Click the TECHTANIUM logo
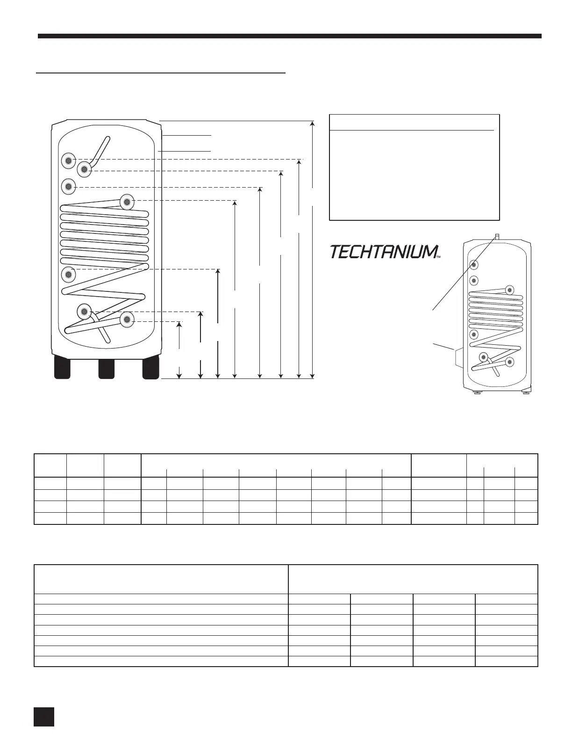383,252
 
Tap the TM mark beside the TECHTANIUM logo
438,256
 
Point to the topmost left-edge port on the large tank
69,160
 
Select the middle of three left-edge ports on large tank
69,187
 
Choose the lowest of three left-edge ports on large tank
69,274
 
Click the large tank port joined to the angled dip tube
84,169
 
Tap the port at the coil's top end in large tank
127,202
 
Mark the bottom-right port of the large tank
127,320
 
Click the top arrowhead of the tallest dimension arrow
313,123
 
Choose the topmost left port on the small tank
474,265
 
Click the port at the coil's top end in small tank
509,290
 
